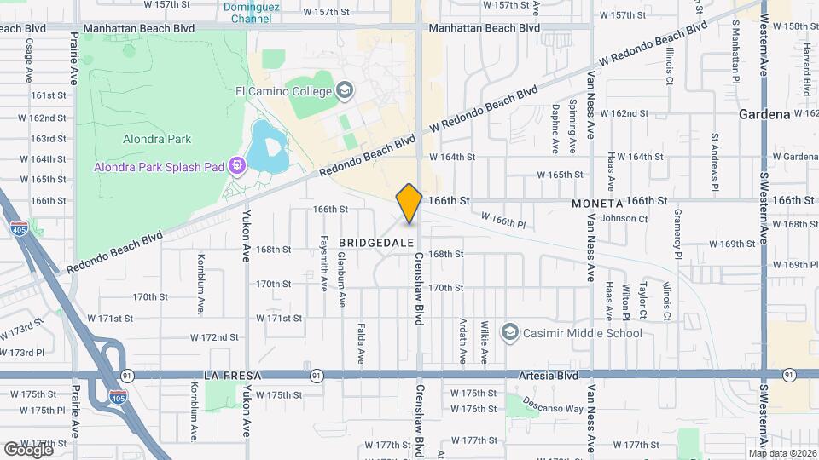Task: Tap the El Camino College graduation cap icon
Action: point(344,90)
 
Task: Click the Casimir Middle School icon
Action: point(510,333)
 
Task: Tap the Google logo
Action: point(28,448)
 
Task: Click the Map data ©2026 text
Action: point(782,453)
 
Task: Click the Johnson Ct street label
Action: point(624,219)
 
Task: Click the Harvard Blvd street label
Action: point(804,55)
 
